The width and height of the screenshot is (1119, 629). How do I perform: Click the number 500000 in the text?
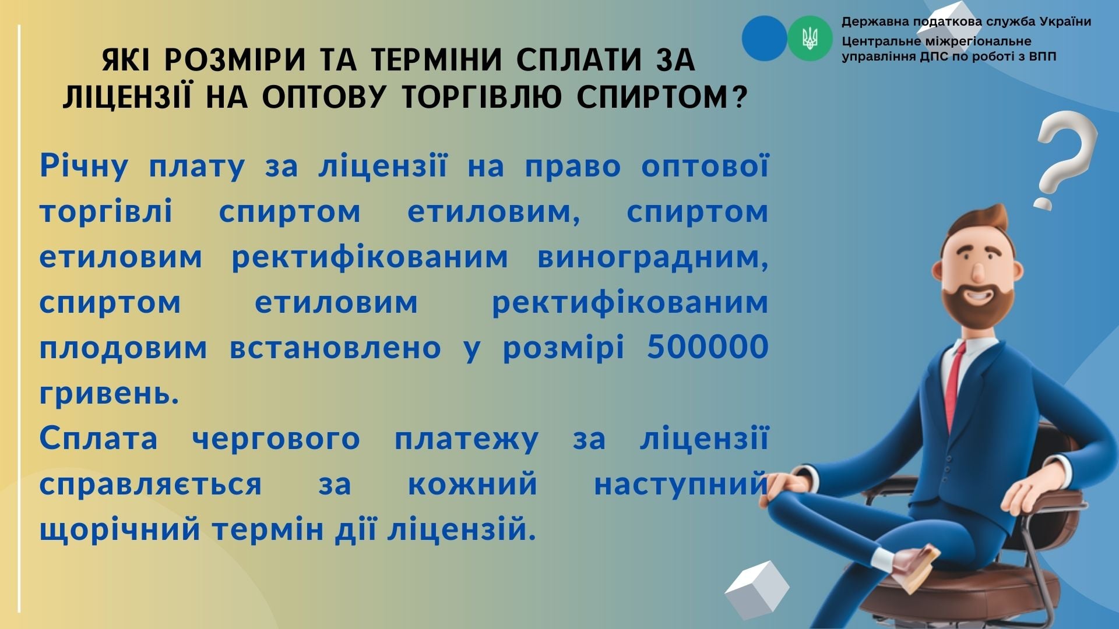click(x=708, y=347)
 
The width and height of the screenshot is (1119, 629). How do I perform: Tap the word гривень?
click(x=110, y=394)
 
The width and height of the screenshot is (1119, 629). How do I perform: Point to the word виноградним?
click(x=653, y=257)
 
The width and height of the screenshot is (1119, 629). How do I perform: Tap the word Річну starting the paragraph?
click(x=84, y=166)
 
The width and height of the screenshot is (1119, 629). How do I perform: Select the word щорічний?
click(x=120, y=531)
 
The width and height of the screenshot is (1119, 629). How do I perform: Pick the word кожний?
click(x=473, y=485)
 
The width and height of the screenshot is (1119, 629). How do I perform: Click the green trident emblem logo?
click(x=810, y=38)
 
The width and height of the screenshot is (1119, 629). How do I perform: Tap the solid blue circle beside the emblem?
click(x=765, y=38)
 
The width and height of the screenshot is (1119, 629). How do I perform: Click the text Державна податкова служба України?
click(x=966, y=22)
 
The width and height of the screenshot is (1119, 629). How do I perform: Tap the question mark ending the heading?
click(x=739, y=97)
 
